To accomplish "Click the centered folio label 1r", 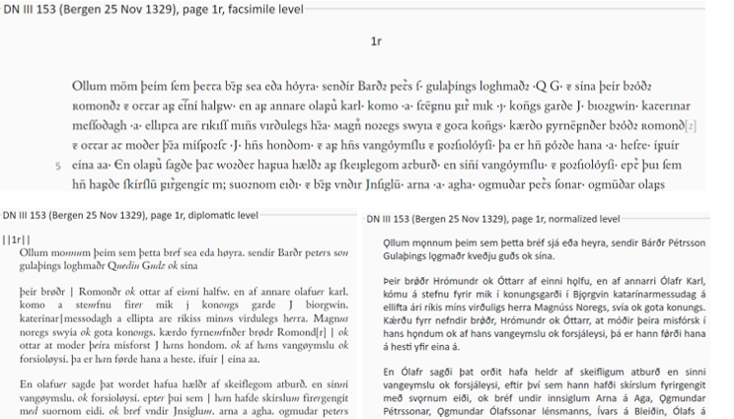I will click(x=375, y=42).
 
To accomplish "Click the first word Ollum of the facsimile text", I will click(x=90, y=86).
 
